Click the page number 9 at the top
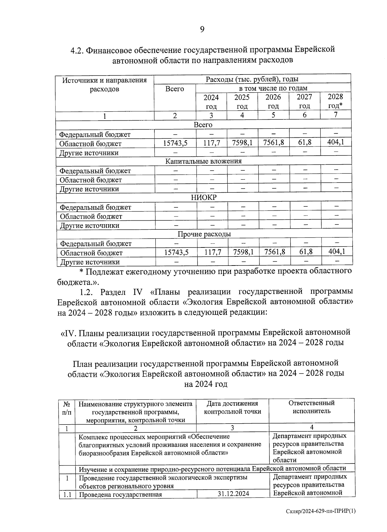click(x=202, y=30)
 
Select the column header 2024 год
click(x=211, y=102)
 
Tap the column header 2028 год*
click(x=335, y=101)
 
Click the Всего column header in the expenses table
click(x=174, y=89)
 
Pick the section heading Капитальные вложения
click(x=203, y=161)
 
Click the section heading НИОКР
click(x=204, y=197)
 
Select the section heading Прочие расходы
click(x=204, y=234)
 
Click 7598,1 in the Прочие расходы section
click(x=243, y=252)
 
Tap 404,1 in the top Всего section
click(x=335, y=142)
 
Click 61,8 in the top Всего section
click(x=305, y=142)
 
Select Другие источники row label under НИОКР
click(x=90, y=226)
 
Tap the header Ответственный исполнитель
click(x=311, y=407)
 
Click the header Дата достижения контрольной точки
click(x=233, y=407)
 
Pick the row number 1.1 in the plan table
click(x=67, y=494)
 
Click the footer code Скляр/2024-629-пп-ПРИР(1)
click(x=321, y=511)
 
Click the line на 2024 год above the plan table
click(x=205, y=384)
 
